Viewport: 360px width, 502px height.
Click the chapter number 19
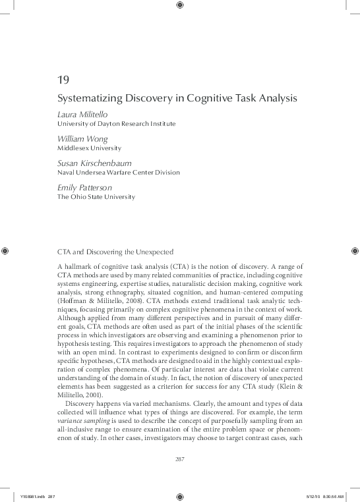[63, 80]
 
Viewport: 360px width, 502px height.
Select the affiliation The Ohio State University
[96, 196]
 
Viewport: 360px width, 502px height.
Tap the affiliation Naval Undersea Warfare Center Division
[119, 172]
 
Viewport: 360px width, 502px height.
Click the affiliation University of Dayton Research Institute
[117, 123]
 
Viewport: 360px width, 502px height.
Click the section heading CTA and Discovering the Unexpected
[115, 251]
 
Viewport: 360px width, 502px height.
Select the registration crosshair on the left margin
[5, 251]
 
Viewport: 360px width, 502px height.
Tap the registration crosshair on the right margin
[355, 251]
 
